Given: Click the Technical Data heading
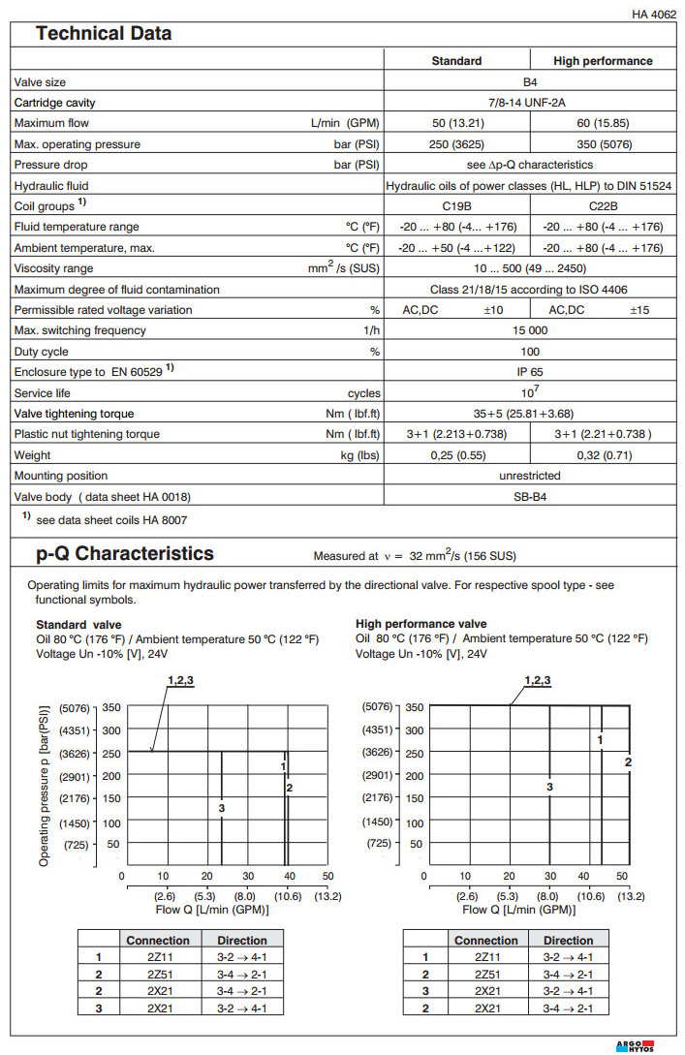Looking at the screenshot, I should click(x=104, y=34).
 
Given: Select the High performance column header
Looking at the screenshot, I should click(x=603, y=61).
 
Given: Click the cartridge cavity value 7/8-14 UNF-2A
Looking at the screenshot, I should click(x=531, y=103).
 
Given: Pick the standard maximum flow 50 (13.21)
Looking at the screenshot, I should click(x=457, y=123).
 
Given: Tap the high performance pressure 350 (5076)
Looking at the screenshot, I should click(x=603, y=144).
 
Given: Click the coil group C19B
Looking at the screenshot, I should click(x=457, y=206).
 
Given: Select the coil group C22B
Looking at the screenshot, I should click(x=603, y=206).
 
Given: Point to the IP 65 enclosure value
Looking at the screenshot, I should click(x=531, y=371).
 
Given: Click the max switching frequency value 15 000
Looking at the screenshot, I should click(x=531, y=330).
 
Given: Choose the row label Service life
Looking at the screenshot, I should click(x=44, y=392).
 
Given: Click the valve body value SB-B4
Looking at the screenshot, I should click(x=531, y=496).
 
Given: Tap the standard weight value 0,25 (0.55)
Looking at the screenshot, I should click(x=457, y=454).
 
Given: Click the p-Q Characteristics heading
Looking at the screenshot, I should click(x=125, y=554).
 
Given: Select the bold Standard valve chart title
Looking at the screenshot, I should click(x=79, y=624).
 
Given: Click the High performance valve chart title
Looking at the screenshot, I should click(x=420, y=624).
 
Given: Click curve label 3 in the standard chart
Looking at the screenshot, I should click(x=222, y=808).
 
